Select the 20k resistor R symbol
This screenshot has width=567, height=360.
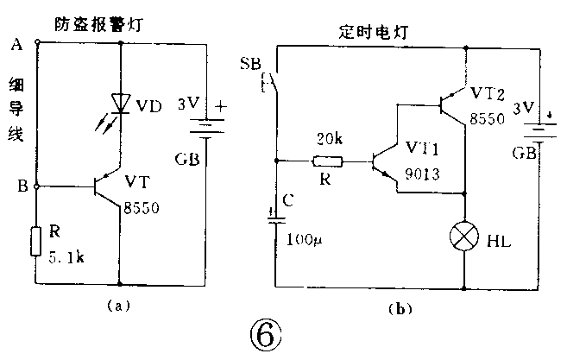(328, 161)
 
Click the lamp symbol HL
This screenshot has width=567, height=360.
(465, 237)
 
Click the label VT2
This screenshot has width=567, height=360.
(488, 92)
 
